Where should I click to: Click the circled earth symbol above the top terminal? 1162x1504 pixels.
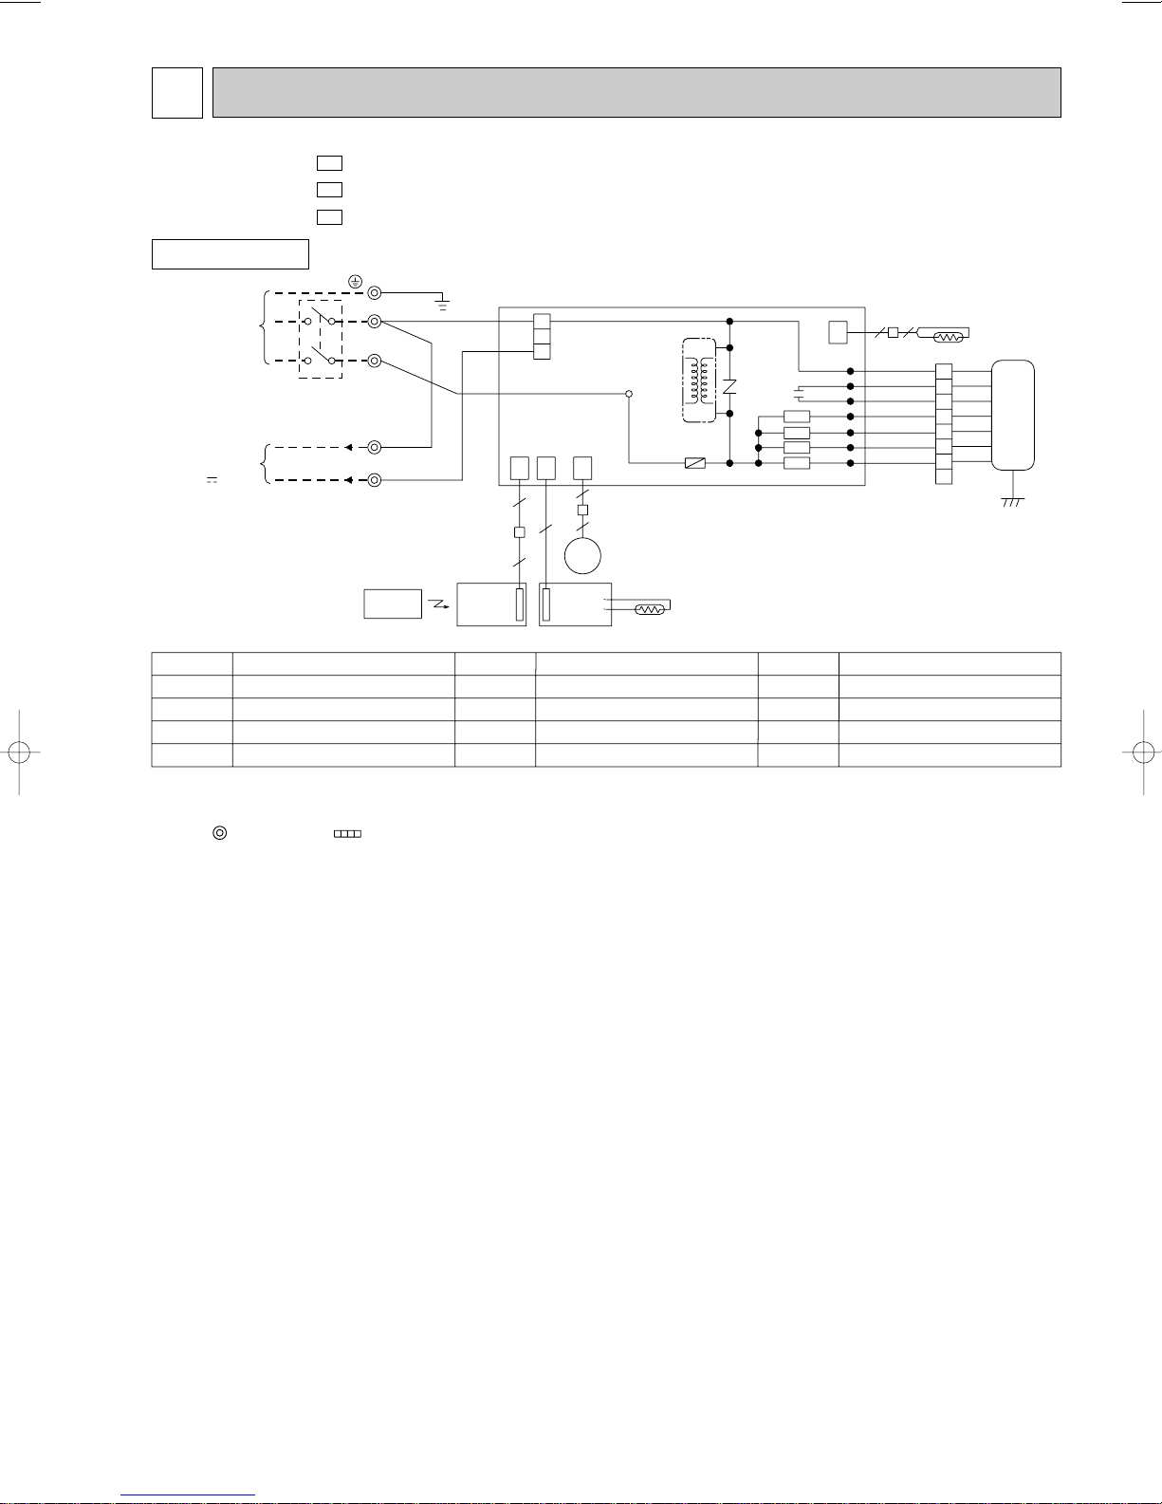pyautogui.click(x=355, y=281)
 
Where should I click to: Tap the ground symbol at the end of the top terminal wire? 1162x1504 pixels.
pyautogui.click(x=442, y=304)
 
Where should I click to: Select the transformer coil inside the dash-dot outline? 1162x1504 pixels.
pyautogui.click(x=700, y=380)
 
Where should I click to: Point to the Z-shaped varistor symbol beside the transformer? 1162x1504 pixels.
pyautogui.click(x=729, y=387)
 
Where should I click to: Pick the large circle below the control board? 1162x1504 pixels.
pyautogui.click(x=582, y=555)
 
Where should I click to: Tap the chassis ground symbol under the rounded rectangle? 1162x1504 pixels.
pyautogui.click(x=1012, y=501)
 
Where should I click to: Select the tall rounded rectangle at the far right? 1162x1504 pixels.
pyautogui.click(x=1012, y=415)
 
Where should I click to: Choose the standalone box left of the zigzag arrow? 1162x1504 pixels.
pyautogui.click(x=393, y=603)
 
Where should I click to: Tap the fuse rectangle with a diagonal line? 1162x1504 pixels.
pyautogui.click(x=695, y=463)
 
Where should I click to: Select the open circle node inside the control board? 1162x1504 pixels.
pyautogui.click(x=628, y=393)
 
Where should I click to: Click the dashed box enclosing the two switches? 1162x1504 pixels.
pyautogui.click(x=321, y=341)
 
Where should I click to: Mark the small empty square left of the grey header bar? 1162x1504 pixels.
pyautogui.click(x=177, y=92)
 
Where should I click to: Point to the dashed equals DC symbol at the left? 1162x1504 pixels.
pyautogui.click(x=212, y=481)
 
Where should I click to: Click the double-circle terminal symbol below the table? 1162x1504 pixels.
pyautogui.click(x=219, y=833)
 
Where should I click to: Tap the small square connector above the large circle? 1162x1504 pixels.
pyautogui.click(x=582, y=511)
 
